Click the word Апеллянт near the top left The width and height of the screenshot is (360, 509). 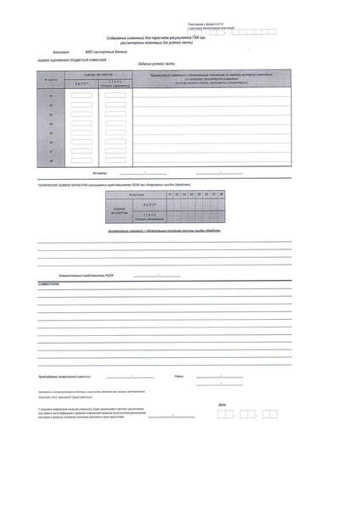click(59, 53)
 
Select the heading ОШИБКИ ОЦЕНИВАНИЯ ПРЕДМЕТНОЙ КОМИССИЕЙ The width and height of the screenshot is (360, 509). click(73, 62)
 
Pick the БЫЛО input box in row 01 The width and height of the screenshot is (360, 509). click(82, 95)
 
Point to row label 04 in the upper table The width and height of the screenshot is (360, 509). click(51, 123)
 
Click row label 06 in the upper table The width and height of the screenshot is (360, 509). click(51, 142)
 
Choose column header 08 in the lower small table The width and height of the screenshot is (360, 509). click(221, 195)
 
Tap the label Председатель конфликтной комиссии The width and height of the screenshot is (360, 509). click(65, 374)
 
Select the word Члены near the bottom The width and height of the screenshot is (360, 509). click(177, 374)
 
